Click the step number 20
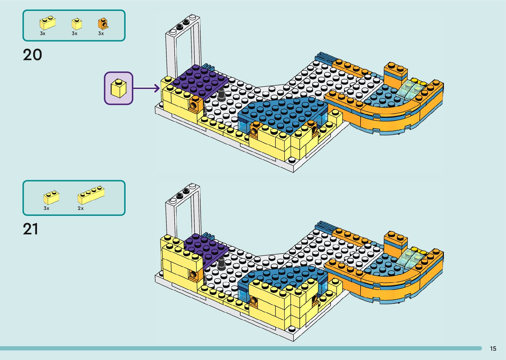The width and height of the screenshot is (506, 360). pyautogui.click(x=32, y=55)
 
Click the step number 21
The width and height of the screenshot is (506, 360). pyautogui.click(x=30, y=229)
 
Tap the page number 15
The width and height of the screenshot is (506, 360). pyautogui.click(x=493, y=348)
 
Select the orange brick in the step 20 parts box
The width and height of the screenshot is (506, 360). pyautogui.click(x=103, y=24)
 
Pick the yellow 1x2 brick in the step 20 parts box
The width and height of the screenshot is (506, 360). pyautogui.click(x=47, y=23)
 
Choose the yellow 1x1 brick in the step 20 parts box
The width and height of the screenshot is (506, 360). pyautogui.click(x=76, y=24)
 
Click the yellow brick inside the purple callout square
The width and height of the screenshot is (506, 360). pyautogui.click(x=119, y=88)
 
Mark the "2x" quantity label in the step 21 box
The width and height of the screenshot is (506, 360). pyautogui.click(x=81, y=208)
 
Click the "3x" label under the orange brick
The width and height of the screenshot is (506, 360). pyautogui.click(x=101, y=33)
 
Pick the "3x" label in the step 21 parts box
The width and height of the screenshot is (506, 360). pyautogui.click(x=46, y=208)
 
